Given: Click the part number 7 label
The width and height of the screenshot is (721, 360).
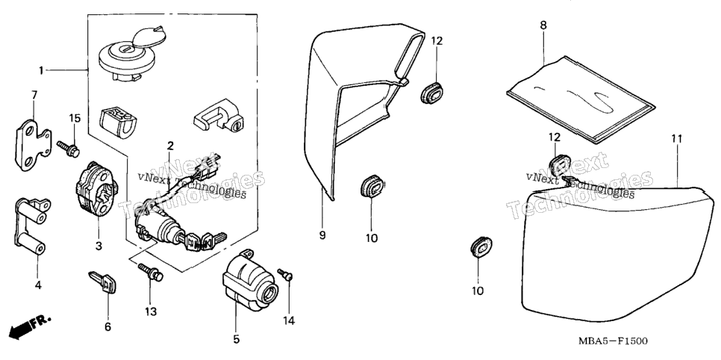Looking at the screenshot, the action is point(34,95).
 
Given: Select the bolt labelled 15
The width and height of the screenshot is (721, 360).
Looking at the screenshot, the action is point(69,148).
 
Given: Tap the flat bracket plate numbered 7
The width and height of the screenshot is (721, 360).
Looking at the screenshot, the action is point(32,146).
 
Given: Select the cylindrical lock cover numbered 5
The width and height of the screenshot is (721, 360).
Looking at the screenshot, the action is point(250,282).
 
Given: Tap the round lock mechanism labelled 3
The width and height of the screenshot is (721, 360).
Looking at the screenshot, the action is point(95,189).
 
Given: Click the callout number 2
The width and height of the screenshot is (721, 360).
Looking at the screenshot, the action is point(171,146).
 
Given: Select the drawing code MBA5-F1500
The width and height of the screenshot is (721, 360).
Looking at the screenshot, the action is point(613,341).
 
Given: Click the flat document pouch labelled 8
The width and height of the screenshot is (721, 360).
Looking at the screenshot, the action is point(580,99).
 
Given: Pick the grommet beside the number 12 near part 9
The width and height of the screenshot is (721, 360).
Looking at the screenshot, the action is point(432,92).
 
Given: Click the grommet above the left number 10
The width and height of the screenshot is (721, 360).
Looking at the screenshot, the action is point(372,187).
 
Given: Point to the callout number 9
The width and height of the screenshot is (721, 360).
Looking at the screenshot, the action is point(322,235).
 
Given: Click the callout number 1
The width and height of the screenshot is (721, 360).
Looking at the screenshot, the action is point(41,70).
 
